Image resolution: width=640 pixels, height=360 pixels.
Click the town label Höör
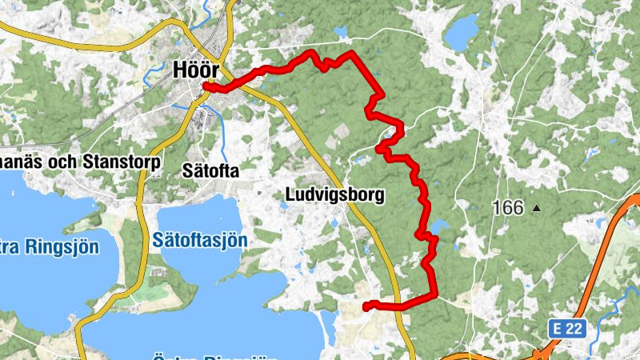(x=196, y=70)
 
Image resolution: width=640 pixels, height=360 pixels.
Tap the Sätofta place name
(x=210, y=170)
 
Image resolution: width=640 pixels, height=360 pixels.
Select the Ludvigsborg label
(x=334, y=194)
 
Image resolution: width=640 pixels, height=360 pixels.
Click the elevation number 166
(x=508, y=208)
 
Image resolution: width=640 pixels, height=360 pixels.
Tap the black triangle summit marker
(x=537, y=209)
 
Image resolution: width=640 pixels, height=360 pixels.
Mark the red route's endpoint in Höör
(x=206, y=86)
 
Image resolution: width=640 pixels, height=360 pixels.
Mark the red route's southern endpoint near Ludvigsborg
(x=366, y=306)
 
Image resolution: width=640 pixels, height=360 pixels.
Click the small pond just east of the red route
(x=442, y=225)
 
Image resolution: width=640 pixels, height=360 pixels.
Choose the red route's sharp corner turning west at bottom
(x=434, y=295)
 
